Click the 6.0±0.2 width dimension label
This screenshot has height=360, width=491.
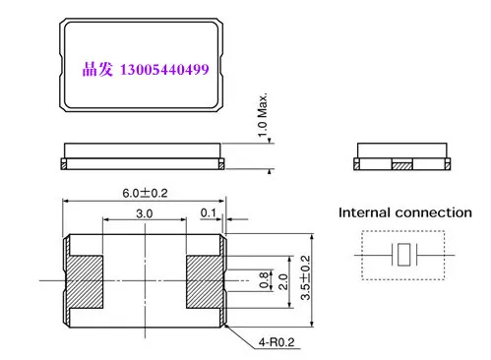tap(145, 193)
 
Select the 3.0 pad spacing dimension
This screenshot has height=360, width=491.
tap(145, 213)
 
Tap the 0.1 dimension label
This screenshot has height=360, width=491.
tap(209, 212)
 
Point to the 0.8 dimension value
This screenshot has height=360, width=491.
tap(264, 280)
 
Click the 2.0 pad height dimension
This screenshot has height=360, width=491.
tap(282, 281)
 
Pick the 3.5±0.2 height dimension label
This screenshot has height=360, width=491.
tap(305, 277)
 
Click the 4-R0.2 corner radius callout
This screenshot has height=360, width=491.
tap(276, 342)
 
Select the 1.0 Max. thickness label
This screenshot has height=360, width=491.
tap(263, 115)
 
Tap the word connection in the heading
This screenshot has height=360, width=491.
tap(434, 212)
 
